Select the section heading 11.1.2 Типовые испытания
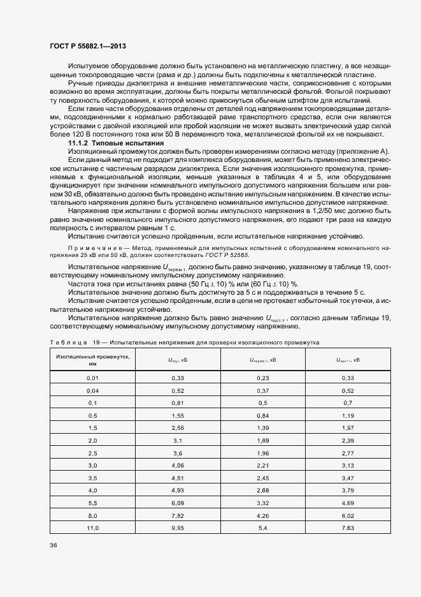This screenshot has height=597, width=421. [x=107, y=142]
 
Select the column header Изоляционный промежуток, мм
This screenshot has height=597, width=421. [x=92, y=360]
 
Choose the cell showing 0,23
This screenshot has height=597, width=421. [x=262, y=378]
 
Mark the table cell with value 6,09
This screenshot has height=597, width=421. [x=177, y=503]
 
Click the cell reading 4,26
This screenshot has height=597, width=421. [x=262, y=515]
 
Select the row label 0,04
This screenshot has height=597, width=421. [x=92, y=390]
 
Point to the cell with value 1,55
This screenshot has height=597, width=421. [x=177, y=415]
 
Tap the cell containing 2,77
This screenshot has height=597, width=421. [x=347, y=453]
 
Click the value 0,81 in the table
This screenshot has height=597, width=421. [x=177, y=403]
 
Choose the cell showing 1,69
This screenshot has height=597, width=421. [x=262, y=440]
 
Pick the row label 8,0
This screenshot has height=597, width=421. [x=92, y=515]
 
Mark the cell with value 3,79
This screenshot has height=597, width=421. [x=347, y=490]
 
